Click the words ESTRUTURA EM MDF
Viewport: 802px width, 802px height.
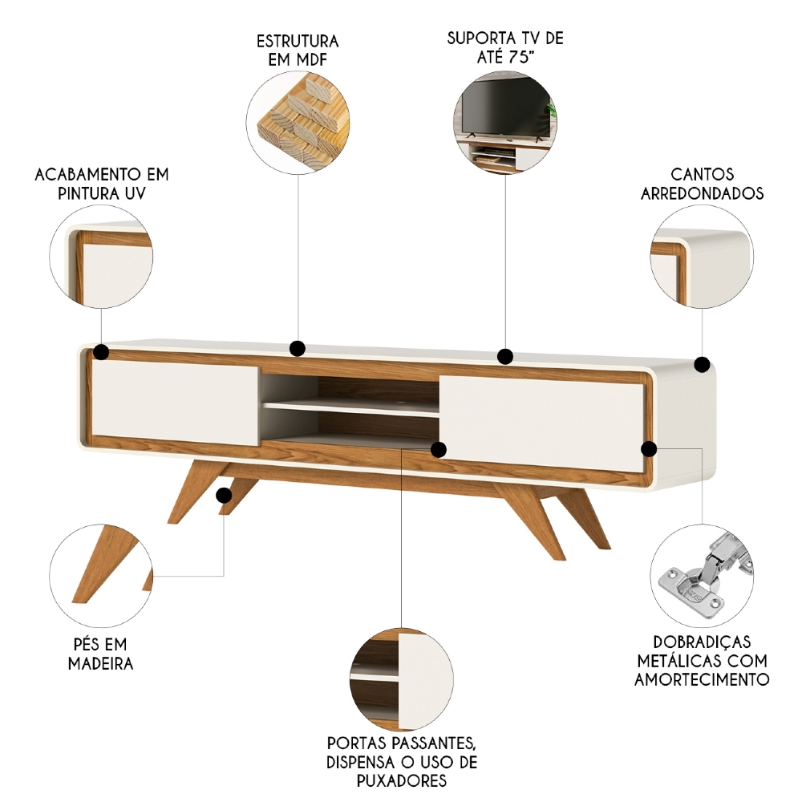(x=298, y=50)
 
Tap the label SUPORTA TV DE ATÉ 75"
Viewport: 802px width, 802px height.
(x=505, y=47)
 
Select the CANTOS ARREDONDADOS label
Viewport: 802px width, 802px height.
(x=702, y=184)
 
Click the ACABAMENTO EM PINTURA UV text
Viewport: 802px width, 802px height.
(x=101, y=184)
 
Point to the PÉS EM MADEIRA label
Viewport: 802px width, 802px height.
(x=100, y=654)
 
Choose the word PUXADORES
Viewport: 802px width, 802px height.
(x=402, y=781)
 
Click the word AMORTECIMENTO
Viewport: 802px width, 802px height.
(x=702, y=679)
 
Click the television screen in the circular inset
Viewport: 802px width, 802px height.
(x=502, y=107)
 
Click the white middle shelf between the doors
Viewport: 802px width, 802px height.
(x=350, y=407)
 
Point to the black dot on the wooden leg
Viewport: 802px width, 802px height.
(x=224, y=495)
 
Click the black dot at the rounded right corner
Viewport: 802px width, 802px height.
(x=703, y=365)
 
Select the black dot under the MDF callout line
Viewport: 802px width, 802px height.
(x=298, y=348)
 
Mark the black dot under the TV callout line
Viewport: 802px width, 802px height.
(x=504, y=356)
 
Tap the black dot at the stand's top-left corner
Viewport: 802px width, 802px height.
(x=101, y=351)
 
